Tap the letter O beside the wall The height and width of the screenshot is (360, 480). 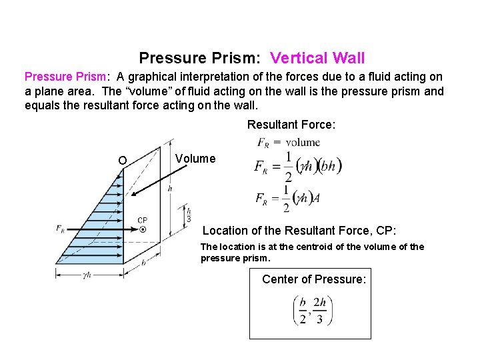pyautogui.click(x=122, y=160)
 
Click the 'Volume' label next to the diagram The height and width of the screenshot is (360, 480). pyautogui.click(x=195, y=159)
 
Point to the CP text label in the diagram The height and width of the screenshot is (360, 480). pyautogui.click(x=143, y=220)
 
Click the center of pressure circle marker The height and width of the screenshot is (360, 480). pyautogui.click(x=143, y=229)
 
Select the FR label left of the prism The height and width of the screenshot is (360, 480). pyautogui.click(x=61, y=229)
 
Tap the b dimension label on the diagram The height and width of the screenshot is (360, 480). pyautogui.click(x=145, y=263)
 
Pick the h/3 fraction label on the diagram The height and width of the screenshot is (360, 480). pyautogui.click(x=189, y=213)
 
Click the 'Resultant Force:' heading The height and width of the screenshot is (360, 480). pyautogui.click(x=291, y=124)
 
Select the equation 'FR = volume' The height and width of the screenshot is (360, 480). pyautogui.click(x=289, y=142)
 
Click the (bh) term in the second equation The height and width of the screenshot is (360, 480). pyautogui.click(x=329, y=166)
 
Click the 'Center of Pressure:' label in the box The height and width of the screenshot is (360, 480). pyautogui.click(x=314, y=279)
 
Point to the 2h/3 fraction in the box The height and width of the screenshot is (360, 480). pyautogui.click(x=320, y=311)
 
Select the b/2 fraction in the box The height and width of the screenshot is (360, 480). pyautogui.click(x=303, y=311)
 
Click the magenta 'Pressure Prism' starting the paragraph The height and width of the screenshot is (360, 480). pyautogui.click(x=62, y=77)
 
